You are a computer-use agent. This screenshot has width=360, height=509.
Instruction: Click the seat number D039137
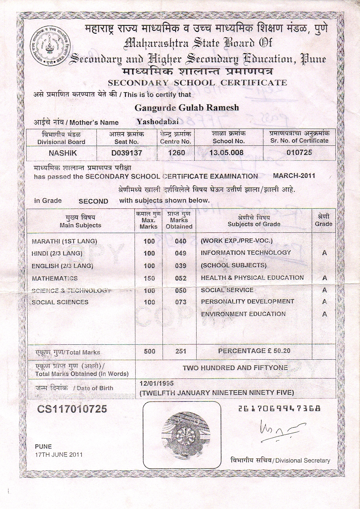pyautogui.click(x=127, y=153)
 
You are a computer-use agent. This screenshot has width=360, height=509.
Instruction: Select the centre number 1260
pyautogui.click(x=176, y=152)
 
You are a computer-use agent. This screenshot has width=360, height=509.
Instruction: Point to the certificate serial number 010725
pyautogui.click(x=299, y=152)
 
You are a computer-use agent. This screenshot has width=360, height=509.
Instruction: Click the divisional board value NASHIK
pyautogui.click(x=63, y=153)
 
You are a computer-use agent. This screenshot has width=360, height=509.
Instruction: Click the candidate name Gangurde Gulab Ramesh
pyautogui.click(x=186, y=107)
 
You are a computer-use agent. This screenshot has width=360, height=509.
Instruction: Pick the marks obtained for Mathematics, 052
pyautogui.click(x=181, y=278)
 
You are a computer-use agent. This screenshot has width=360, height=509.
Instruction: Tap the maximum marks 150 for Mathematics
pyautogui.click(x=149, y=278)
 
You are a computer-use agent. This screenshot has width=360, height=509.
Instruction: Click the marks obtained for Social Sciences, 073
pyautogui.click(x=181, y=302)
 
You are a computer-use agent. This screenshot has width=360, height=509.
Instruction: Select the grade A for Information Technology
pyautogui.click(x=324, y=253)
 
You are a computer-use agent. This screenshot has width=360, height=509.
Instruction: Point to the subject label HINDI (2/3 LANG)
pyautogui.click(x=57, y=253)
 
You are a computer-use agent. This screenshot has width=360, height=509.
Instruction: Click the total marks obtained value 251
pyautogui.click(x=181, y=351)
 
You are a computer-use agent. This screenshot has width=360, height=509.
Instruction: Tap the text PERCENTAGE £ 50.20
pyautogui.click(x=254, y=351)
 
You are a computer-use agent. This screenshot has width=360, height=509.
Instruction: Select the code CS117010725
pyautogui.click(x=72, y=409)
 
